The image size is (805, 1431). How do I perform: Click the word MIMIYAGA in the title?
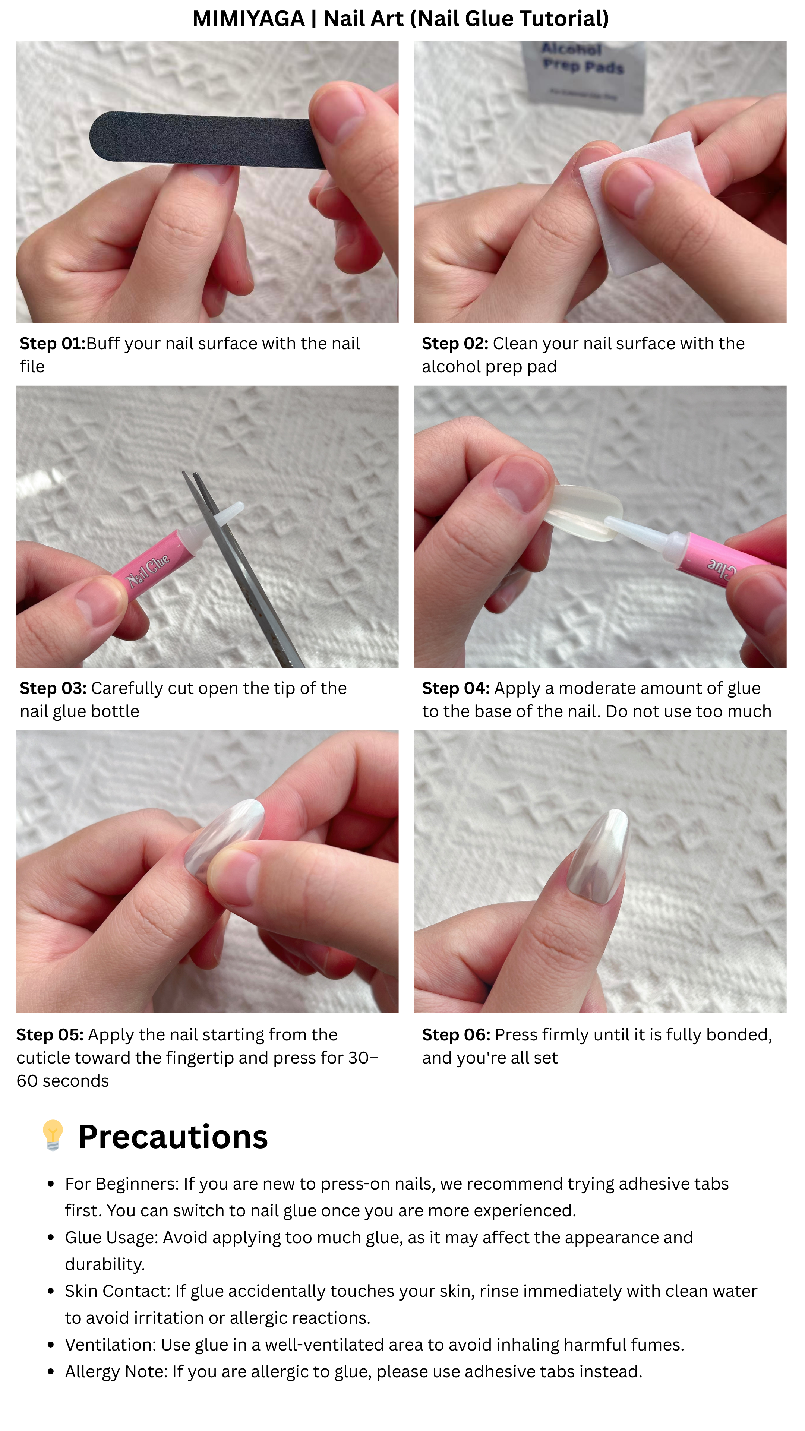coord(248,19)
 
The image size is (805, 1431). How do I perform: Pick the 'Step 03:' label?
coord(53,688)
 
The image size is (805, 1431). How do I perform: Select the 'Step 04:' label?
coord(455,688)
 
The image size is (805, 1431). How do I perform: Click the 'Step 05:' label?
coord(50,1035)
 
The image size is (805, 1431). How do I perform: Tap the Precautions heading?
coord(173,1137)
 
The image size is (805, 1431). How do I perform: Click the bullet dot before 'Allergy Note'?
coord(51,1371)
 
